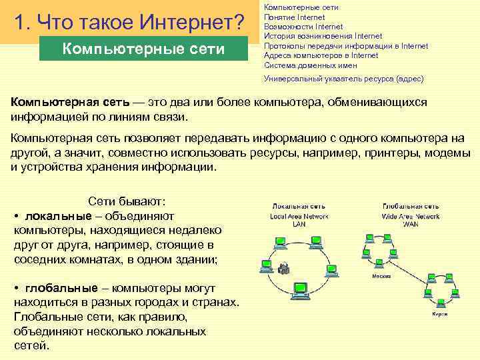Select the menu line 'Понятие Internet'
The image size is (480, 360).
tap(294, 17)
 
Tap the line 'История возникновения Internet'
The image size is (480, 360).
tap(323, 36)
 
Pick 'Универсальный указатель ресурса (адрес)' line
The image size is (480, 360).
tap(343, 79)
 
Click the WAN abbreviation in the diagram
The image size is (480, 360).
tap(411, 225)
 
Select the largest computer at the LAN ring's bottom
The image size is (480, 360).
tap(299, 289)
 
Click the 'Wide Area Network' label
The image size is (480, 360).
tap(411, 216)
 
